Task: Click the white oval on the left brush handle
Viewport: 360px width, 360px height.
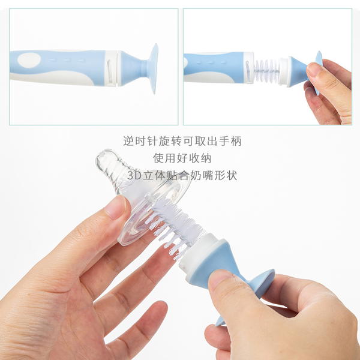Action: point(29,60)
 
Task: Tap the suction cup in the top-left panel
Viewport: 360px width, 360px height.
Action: point(154,68)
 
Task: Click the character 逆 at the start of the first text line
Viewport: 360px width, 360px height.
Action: point(128,141)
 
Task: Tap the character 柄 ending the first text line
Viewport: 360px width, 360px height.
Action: point(236,141)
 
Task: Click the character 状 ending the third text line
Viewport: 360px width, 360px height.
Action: point(232,176)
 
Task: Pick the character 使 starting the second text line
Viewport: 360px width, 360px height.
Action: point(158,158)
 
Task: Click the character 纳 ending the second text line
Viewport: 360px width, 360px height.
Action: point(206,158)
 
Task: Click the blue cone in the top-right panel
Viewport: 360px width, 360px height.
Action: point(298,71)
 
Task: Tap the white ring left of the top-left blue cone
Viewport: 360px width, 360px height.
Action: point(112,68)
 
